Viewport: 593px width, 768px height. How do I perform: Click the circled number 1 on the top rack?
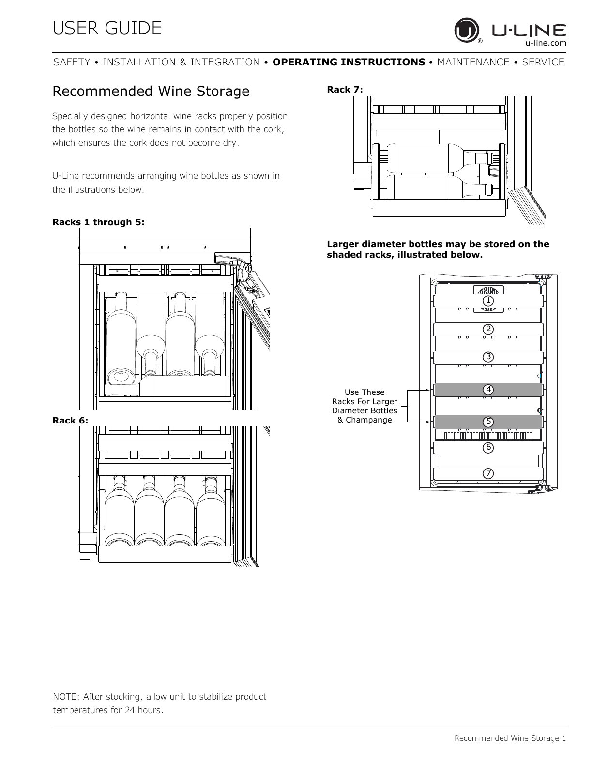click(488, 301)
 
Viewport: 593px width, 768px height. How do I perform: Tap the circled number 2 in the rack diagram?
click(488, 329)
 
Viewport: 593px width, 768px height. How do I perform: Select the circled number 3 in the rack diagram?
click(488, 357)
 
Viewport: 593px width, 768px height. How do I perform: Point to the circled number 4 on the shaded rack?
click(488, 390)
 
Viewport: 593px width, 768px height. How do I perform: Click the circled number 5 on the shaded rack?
click(488, 422)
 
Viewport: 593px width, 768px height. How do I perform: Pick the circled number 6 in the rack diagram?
click(488, 447)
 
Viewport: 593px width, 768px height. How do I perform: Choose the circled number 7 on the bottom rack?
click(488, 473)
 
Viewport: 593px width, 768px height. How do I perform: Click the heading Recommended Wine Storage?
click(151, 91)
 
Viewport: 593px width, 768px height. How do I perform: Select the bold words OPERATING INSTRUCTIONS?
click(349, 62)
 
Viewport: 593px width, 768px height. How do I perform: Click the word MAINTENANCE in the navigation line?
click(473, 62)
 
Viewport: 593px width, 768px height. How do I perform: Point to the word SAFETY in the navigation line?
click(72, 62)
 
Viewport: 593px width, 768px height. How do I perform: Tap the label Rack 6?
click(70, 420)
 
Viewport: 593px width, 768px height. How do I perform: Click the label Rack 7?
click(345, 90)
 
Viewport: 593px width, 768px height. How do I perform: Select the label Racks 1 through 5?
click(98, 222)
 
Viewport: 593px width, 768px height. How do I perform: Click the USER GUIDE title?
click(107, 29)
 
